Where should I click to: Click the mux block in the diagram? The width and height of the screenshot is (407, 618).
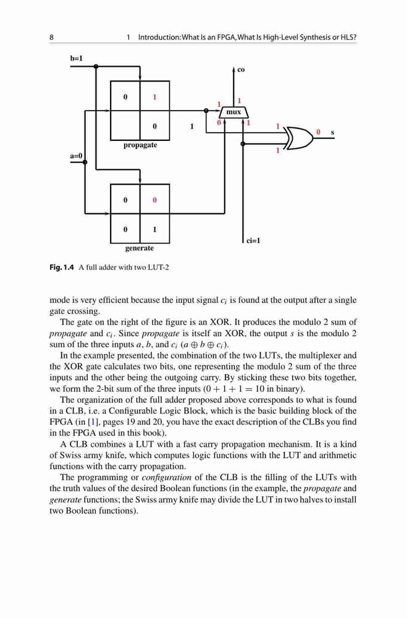click(x=233, y=112)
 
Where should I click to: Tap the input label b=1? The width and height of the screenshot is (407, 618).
click(x=76, y=59)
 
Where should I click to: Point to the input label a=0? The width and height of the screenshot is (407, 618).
click(x=76, y=156)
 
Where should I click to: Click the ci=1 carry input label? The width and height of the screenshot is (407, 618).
click(x=253, y=240)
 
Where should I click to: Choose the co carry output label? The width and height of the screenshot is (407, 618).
click(x=241, y=70)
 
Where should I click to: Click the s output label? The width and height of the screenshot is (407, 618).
click(x=332, y=133)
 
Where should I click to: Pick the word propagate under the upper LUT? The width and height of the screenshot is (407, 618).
click(x=140, y=145)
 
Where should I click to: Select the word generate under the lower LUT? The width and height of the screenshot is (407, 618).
click(x=140, y=248)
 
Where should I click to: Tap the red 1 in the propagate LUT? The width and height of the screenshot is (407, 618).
click(x=154, y=96)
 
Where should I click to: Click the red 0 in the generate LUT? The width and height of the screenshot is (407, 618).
click(x=154, y=200)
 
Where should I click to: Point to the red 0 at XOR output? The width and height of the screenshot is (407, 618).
click(x=318, y=132)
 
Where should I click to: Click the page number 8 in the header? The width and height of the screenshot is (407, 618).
click(x=52, y=38)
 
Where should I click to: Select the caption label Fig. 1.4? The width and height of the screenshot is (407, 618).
click(x=62, y=268)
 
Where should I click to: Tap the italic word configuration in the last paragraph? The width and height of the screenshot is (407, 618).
click(x=166, y=478)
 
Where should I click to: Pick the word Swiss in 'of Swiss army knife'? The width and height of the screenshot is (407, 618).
click(x=71, y=455)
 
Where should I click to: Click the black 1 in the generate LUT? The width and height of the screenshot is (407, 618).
click(x=154, y=229)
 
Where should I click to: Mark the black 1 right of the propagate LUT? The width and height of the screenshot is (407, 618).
click(x=192, y=127)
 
